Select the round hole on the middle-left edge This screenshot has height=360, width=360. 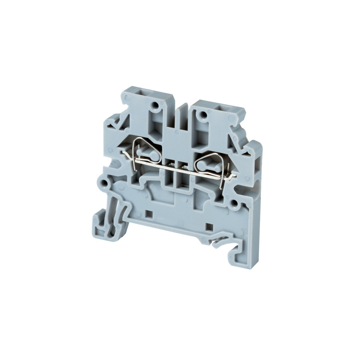coord(105,183)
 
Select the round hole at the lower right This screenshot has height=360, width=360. coord(232,202)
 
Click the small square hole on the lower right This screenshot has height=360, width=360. coord(208,227)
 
